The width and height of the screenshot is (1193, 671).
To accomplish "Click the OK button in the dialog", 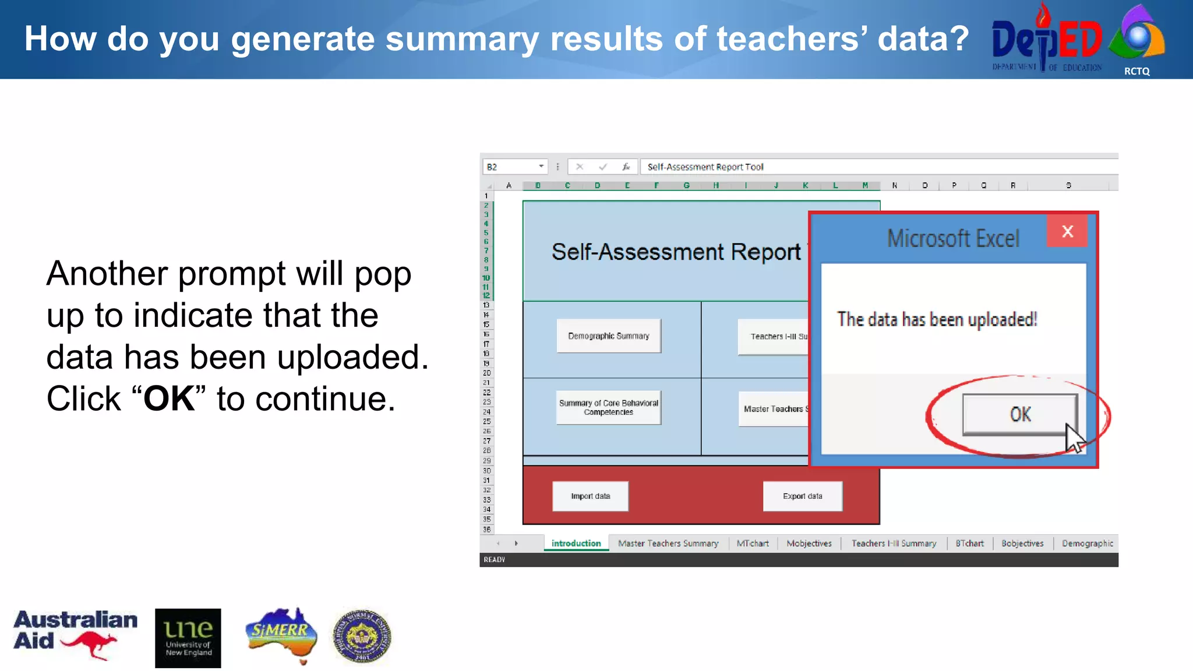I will coord(1019,414).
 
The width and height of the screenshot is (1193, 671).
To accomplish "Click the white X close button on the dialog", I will coord(1067,231).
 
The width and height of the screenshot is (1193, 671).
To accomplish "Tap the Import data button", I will coord(590,496).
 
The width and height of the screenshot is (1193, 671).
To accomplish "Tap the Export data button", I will coord(802,496).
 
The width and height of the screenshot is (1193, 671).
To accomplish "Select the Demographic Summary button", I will coord(608,336).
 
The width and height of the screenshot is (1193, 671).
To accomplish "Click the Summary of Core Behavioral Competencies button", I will coord(608,408).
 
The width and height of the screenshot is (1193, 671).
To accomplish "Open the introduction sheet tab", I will coord(576,543).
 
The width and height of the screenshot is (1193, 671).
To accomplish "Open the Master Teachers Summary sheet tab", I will coord(668,543).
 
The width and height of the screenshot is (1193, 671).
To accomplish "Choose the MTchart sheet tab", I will coord(752,543).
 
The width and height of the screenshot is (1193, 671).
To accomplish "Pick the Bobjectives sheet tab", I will coord(1022,543).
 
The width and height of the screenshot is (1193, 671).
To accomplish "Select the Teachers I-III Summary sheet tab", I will coord(894,543).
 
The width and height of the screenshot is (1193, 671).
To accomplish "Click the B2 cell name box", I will coord(513,167).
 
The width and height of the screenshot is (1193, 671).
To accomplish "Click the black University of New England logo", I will coord(188,638).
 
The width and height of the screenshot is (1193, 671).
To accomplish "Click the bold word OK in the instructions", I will coord(169,399).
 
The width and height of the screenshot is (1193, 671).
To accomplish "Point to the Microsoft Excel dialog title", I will coord(953,239).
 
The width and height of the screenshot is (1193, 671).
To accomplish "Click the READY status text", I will coord(494,560).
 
